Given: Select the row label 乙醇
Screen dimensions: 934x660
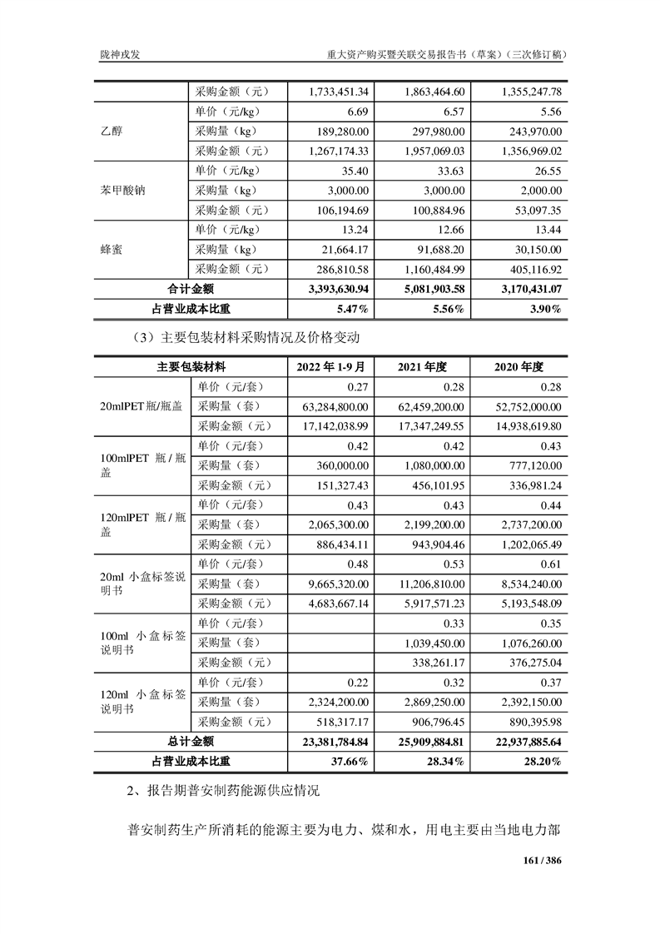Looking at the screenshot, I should pyautogui.click(x=111, y=131).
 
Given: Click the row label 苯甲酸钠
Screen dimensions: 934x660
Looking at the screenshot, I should pyautogui.click(x=122, y=190).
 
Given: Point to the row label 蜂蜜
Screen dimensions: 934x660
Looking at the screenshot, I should pyautogui.click(x=111, y=249).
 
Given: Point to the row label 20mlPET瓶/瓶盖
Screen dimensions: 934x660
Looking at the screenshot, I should pyautogui.click(x=141, y=406).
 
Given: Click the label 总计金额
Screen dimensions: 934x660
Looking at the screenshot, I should pyautogui.click(x=191, y=741).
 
